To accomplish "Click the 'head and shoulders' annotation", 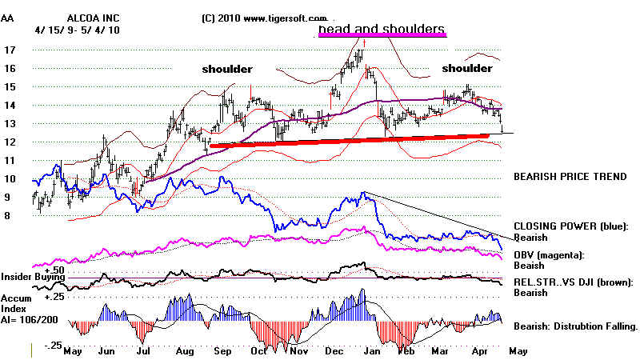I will (x=381, y=30).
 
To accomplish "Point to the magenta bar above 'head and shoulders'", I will (x=381, y=36).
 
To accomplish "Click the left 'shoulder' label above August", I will (x=226, y=69).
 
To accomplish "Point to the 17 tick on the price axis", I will (x=10, y=50).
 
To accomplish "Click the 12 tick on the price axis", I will (x=10, y=142).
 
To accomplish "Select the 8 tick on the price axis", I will (x=10, y=216).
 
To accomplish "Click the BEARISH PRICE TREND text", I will (x=568, y=175).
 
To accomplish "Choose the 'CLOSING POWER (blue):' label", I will (x=573, y=227).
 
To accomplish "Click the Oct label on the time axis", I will (x=258, y=350).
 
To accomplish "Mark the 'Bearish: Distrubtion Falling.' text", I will (x=576, y=326).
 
